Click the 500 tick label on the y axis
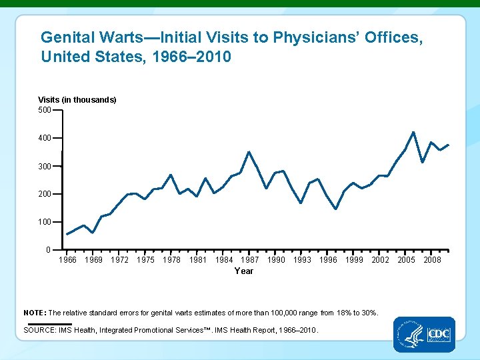[45, 109]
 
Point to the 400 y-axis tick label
[45, 138]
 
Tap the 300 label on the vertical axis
[45, 166]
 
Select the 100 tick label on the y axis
[45, 221]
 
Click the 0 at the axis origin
[48, 249]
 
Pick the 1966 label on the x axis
[67, 260]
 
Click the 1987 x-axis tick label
[250, 260]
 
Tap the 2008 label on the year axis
[432, 260]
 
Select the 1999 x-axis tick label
[354, 260]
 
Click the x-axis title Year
[244, 271]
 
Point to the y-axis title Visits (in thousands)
[77, 99]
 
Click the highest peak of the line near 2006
[414, 132]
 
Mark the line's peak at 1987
[249, 152]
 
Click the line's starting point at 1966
[67, 234]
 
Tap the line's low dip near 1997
[336, 209]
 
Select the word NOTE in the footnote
[34, 313]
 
